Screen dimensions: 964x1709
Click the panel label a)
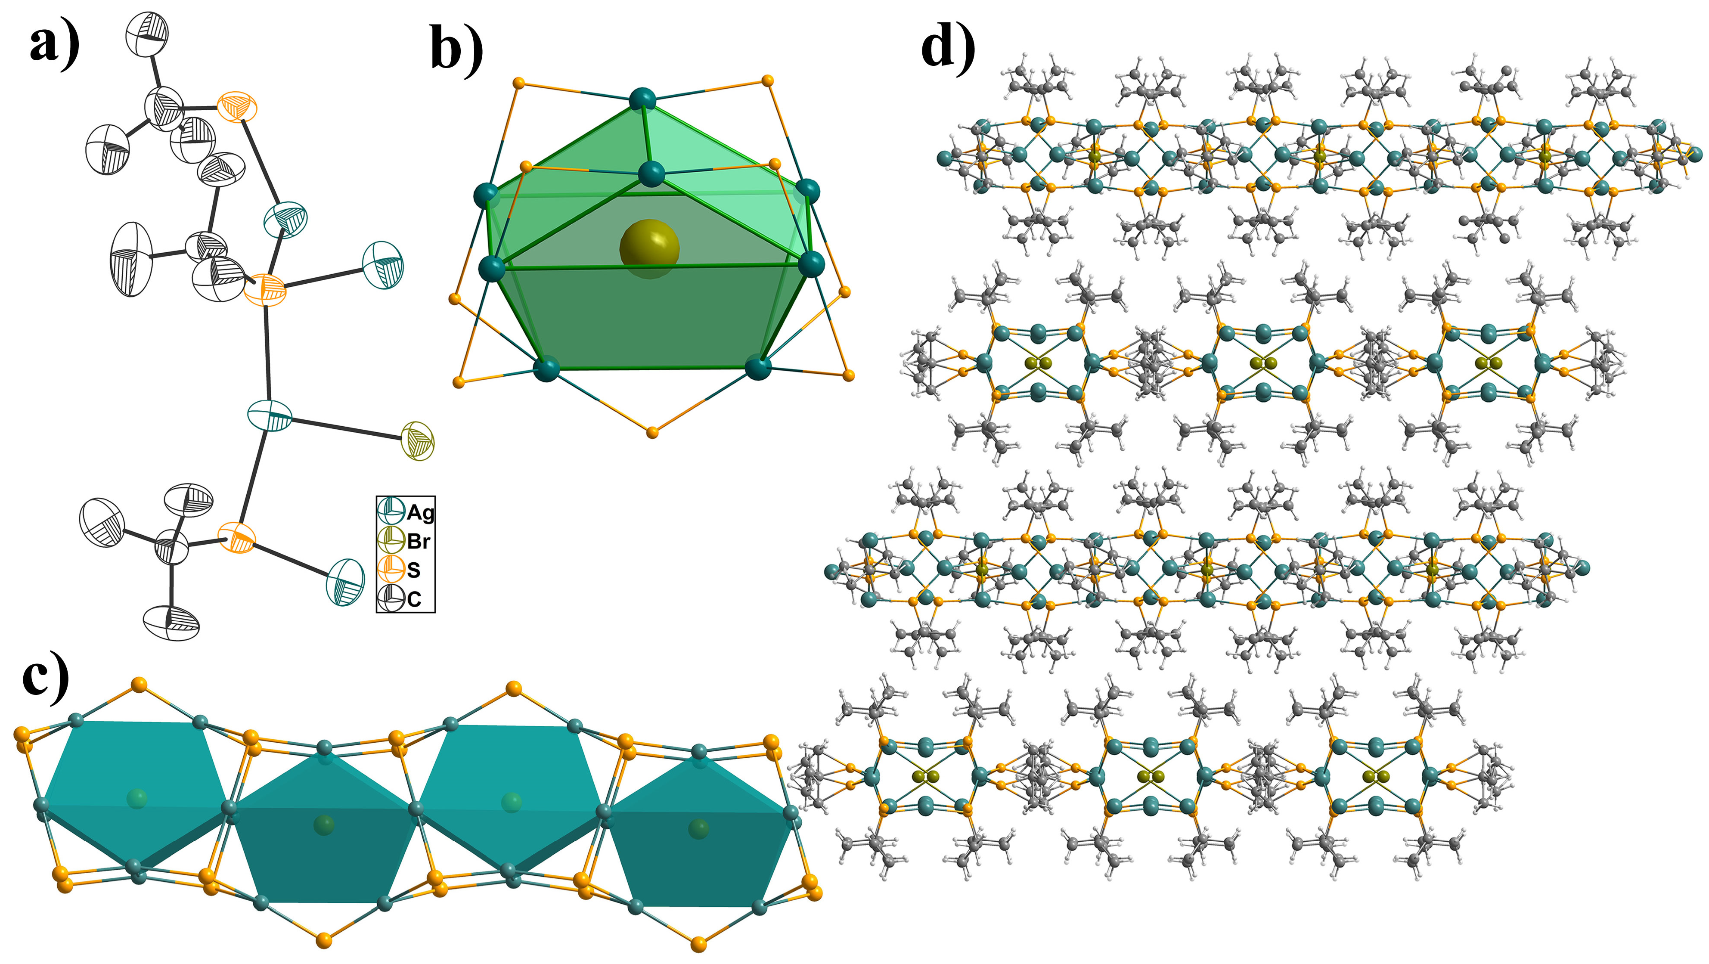[54, 45]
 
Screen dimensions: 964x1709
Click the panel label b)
[456, 49]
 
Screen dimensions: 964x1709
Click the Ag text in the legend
[421, 512]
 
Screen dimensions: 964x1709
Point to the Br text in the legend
[419, 541]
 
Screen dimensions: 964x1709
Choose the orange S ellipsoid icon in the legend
[391, 569]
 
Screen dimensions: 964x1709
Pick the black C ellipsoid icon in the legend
[391, 598]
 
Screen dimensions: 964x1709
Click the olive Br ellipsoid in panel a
[418, 440]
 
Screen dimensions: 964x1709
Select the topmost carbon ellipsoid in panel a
[147, 33]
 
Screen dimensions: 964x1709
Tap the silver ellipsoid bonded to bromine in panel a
[270, 415]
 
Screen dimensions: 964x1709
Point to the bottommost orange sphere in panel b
[652, 433]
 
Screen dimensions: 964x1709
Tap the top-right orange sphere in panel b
[768, 81]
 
